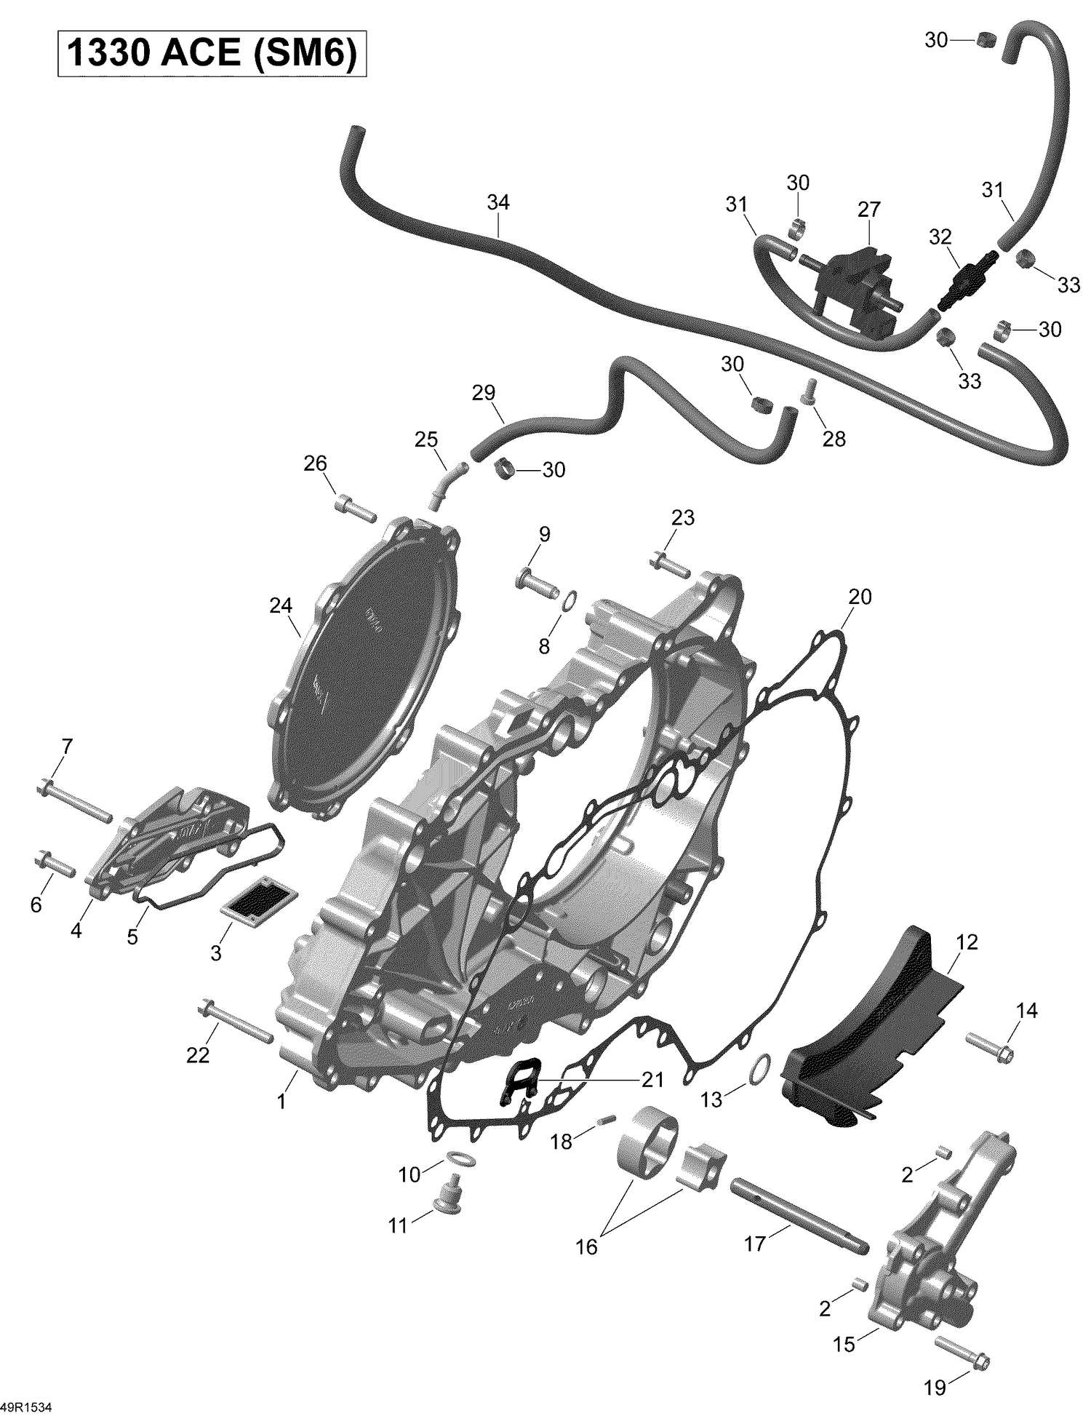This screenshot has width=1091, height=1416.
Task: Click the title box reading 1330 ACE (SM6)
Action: click(x=212, y=54)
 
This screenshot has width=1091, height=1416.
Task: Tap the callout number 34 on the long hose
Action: click(x=498, y=203)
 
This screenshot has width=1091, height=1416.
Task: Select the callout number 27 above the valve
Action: click(x=868, y=210)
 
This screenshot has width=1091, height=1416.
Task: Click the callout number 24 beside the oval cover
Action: click(x=281, y=605)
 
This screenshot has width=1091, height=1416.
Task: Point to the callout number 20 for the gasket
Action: click(x=860, y=597)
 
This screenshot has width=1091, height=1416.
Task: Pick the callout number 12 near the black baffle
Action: click(x=967, y=942)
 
